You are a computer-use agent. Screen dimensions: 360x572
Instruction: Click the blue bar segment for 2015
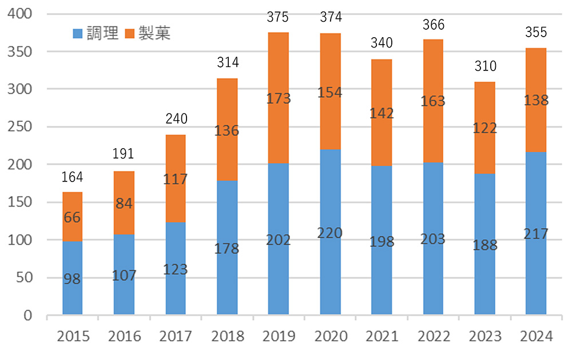coord(73,278)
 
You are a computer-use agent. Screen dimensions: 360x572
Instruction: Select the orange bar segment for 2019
coord(279,97)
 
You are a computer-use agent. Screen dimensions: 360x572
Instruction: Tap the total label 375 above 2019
coord(279,18)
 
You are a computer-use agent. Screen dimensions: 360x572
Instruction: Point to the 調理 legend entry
coord(96,33)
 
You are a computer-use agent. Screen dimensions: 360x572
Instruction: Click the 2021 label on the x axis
coord(382,336)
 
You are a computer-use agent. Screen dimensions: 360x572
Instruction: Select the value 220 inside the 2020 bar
coord(330,234)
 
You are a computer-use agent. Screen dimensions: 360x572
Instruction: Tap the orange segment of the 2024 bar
coord(536,100)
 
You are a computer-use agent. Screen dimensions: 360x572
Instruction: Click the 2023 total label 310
coord(484,66)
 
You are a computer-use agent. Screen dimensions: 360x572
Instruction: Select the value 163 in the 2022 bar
coord(433,101)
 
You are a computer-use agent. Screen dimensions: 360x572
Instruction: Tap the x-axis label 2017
coord(176,336)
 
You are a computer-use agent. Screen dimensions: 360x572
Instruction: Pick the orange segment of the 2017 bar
coord(176,179)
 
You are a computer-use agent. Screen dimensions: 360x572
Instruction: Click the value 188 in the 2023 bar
coord(484,246)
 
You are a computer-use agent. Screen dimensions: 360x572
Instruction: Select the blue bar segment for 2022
coord(433,239)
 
